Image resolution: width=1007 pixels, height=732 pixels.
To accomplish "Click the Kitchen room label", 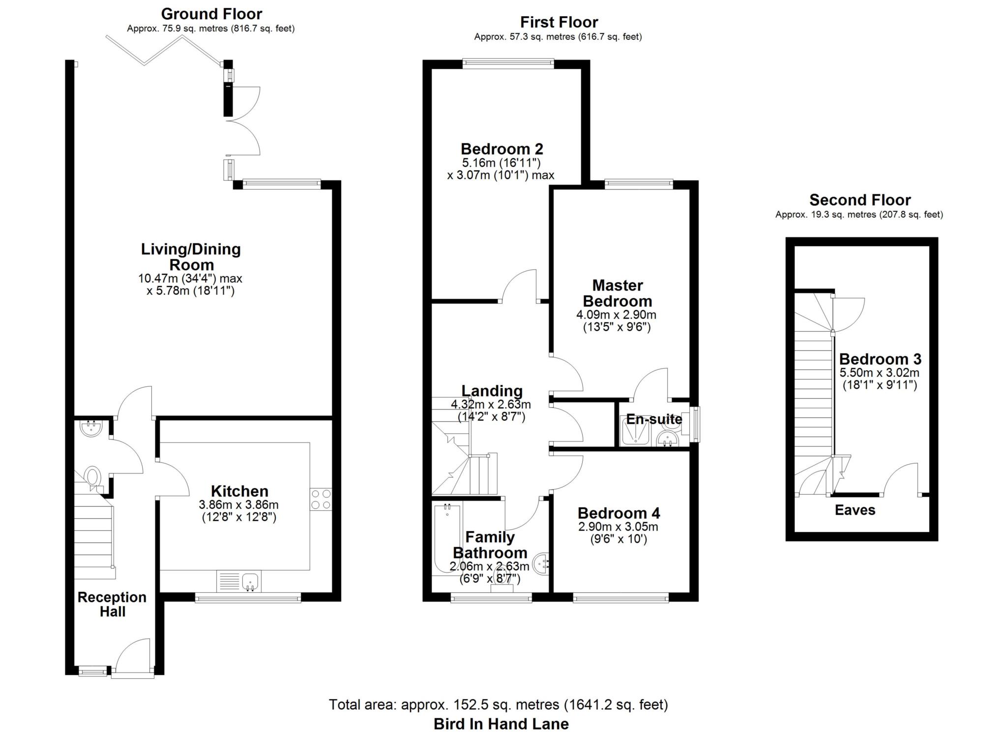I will click(239, 491).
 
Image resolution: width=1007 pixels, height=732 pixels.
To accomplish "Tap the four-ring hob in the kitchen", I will click(321, 499).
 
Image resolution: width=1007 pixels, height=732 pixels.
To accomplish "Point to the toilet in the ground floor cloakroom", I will click(92, 477).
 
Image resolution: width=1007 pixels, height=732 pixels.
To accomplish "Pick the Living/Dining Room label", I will click(191, 257).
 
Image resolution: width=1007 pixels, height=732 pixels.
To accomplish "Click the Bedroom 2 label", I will click(502, 148).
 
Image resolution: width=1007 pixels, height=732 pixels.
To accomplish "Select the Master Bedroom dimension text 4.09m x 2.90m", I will click(616, 315).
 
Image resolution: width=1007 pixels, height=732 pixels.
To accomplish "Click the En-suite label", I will click(653, 419).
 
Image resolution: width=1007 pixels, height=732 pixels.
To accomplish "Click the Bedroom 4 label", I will click(619, 513).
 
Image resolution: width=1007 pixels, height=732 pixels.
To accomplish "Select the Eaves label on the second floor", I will click(855, 510).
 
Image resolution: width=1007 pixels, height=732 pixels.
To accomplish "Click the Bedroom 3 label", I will click(880, 359).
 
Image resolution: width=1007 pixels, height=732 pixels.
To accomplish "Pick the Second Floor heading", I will click(859, 200).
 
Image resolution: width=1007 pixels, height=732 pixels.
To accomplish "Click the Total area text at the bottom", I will click(498, 704).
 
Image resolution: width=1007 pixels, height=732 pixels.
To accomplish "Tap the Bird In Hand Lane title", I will click(501, 724).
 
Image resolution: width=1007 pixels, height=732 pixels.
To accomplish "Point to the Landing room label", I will click(492, 391).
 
